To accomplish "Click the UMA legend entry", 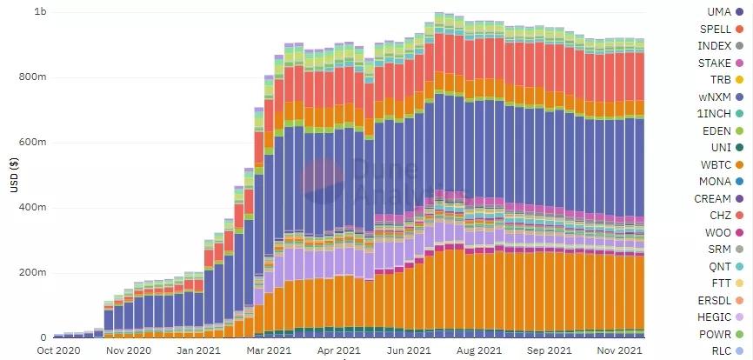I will point(717,12).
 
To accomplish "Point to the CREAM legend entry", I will point(712,198).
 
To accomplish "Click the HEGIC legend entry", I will point(714,317).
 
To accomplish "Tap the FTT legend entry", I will point(720,283).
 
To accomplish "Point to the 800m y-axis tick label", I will point(32,77).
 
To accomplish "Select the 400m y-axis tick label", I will point(32,208).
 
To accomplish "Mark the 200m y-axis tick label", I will point(32,273).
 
